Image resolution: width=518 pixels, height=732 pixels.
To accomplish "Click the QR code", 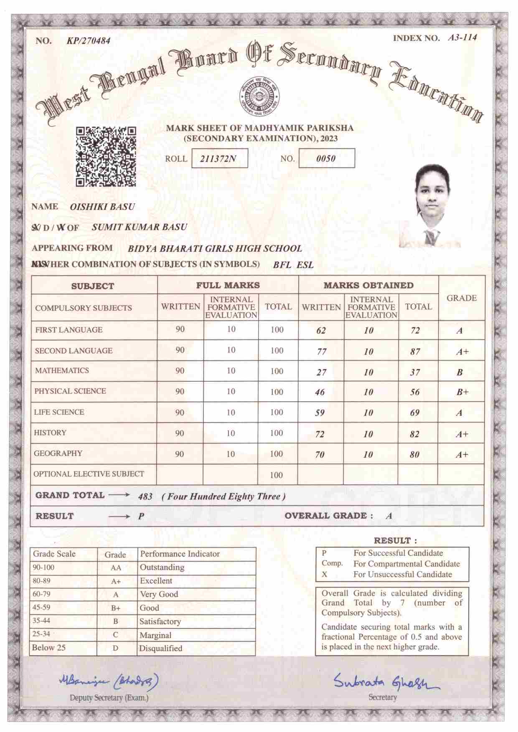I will pos(106,156).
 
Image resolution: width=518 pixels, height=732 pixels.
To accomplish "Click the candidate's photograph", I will pos(430,206).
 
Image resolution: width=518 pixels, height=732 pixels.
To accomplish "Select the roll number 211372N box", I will pos(219,159).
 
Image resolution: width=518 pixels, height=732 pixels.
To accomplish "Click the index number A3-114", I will pos(462,38).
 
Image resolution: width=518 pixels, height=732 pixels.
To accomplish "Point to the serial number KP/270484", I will pos(89,41).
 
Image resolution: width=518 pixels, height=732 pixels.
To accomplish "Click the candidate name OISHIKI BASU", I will pos(102,207).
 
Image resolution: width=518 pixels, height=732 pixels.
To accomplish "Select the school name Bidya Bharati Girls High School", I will pos(215,248).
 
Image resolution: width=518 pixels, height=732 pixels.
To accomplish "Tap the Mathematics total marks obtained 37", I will pos(415,372).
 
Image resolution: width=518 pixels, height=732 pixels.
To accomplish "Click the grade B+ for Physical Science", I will pos(462,392).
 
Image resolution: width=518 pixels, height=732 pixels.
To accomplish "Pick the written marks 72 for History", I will pos(320,434).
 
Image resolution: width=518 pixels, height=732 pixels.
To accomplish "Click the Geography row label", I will pos(58,453).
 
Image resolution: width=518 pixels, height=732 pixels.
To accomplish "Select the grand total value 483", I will pos(145,497).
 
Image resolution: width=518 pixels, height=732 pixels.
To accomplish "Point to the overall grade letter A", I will pos(389,516).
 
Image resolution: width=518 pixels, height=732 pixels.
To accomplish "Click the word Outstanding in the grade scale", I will pos(162,567).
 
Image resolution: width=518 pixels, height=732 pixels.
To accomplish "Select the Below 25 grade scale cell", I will pos(49,648).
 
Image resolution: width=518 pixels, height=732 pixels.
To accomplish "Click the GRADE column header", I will pos(462,298).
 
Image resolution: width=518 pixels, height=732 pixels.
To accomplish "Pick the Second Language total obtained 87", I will pos(415,352).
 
